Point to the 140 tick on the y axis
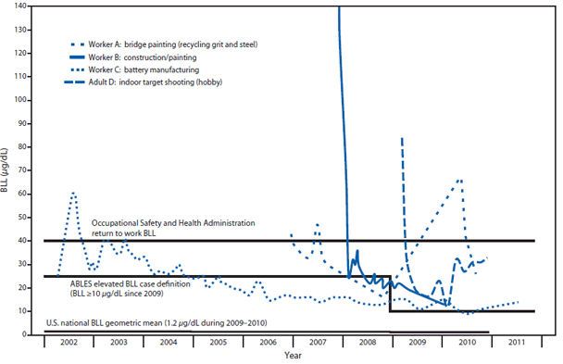(28, 6)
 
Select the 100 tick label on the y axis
(28, 100)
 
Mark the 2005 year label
(217, 343)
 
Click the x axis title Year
(292, 356)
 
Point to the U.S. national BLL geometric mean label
(143, 322)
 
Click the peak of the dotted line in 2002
(73, 193)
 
